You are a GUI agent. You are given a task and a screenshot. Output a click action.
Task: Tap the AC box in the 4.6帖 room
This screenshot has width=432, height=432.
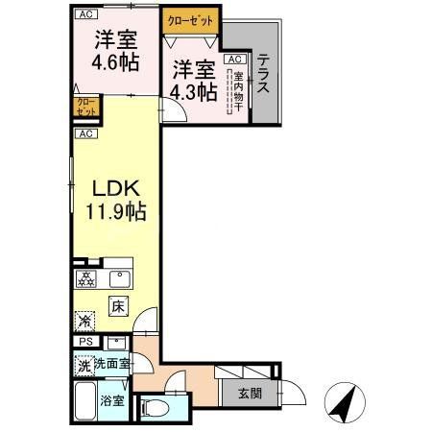tap(84, 13)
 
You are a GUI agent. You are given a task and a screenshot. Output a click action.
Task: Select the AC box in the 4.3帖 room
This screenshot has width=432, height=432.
tap(232, 59)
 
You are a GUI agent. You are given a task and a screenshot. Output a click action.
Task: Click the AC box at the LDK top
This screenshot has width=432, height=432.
tap(84, 133)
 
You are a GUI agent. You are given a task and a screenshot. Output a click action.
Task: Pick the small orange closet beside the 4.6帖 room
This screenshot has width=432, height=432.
tap(83, 106)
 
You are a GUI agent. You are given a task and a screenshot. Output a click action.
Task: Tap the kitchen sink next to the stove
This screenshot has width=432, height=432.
tap(119, 279)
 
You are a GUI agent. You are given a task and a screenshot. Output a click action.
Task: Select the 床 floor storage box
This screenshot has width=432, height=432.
tap(117, 307)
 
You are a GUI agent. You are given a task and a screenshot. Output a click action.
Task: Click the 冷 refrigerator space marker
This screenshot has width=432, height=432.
tap(84, 323)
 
